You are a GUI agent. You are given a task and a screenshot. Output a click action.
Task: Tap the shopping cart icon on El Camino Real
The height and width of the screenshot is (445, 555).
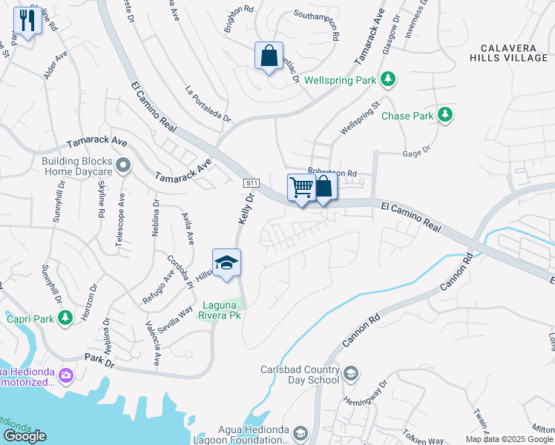tap(301, 187)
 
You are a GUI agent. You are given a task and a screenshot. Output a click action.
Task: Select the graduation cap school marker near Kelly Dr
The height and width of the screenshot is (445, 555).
tap(226, 263)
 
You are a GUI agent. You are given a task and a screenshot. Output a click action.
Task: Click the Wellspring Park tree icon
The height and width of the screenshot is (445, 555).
tap(387, 78)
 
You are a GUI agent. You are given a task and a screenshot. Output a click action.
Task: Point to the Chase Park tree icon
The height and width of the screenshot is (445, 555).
tap(444, 115)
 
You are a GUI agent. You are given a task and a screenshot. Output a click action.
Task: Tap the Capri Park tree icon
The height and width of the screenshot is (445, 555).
tap(65, 317)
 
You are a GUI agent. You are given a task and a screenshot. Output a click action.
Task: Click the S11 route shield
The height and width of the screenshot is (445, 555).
tap(252, 182)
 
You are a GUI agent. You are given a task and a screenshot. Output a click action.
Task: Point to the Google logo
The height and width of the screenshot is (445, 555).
tap(24, 436)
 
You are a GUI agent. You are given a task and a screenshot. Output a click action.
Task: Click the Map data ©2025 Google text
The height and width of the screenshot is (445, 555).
tap(509, 439)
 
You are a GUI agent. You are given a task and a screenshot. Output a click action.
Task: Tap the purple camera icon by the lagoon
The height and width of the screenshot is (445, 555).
tap(68, 375)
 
